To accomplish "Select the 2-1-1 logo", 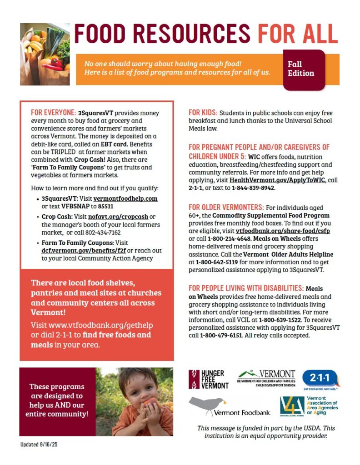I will click(321, 379).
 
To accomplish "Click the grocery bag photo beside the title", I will click(45, 54).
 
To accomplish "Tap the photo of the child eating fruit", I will click(135, 401).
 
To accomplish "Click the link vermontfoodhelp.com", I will click(125, 199).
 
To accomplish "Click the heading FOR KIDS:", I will click(203, 113).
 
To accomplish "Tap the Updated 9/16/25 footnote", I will click(39, 445).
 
